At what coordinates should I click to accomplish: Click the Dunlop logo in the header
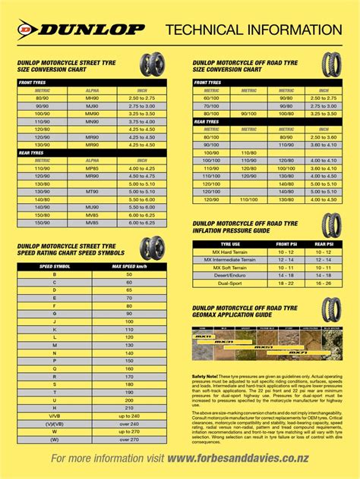click(80, 30)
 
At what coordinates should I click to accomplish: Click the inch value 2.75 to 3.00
click(141, 107)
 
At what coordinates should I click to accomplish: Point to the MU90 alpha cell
click(92, 206)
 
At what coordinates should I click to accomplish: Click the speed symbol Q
click(54, 368)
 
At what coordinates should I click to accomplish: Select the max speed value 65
click(128, 289)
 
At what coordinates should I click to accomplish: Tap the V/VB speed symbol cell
click(54, 415)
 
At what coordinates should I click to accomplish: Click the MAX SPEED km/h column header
click(128, 266)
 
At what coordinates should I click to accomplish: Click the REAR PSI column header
click(322, 244)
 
